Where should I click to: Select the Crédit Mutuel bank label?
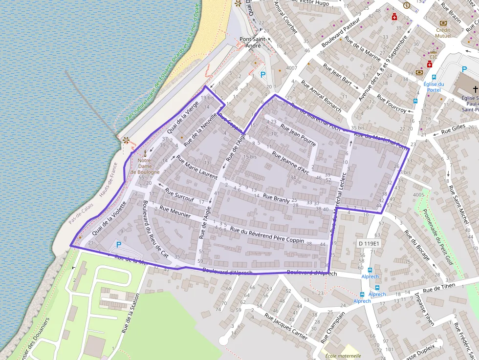coord(443,33)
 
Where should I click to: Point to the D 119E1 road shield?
coord(369,243)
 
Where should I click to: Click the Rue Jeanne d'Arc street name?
coord(291,164)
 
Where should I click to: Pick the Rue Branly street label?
coord(276,199)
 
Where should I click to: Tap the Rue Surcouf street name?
coord(179,195)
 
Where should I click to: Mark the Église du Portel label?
coord(434,87)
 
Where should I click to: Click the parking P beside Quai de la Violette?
coord(118,244)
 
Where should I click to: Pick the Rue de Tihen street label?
coord(439,288)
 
